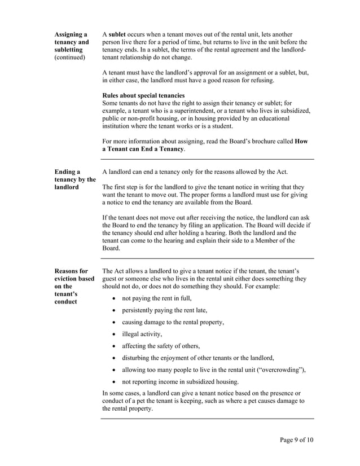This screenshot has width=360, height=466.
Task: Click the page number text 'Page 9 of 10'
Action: (296, 440)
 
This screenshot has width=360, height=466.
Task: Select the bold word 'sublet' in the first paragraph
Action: (118, 34)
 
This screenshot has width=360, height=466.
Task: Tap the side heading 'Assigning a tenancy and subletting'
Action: (71, 42)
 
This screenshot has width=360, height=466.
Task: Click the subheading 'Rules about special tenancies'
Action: (143, 95)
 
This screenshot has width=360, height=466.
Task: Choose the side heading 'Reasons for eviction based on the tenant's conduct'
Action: (74, 286)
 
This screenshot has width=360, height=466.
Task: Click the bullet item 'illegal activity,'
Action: (142, 334)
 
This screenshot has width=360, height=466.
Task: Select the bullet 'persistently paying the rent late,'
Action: (165, 310)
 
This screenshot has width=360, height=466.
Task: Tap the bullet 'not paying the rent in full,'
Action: (157, 298)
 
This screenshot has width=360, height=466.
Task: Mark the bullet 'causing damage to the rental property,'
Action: (173, 322)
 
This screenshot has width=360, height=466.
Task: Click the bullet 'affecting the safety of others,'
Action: (161, 346)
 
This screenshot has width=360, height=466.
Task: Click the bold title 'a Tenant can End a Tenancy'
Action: (143, 148)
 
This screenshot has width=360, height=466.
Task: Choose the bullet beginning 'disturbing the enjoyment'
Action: (198, 358)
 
